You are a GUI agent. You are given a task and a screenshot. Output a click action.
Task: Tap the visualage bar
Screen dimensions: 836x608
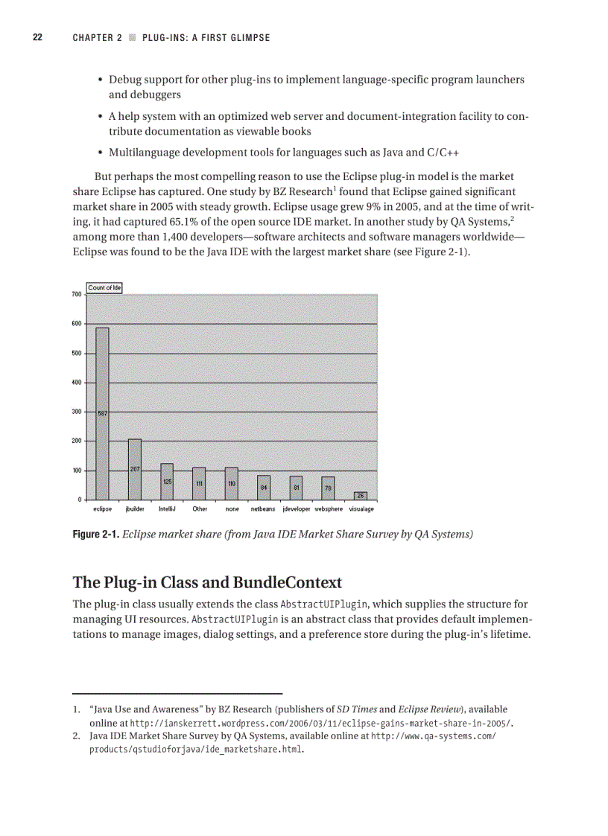pyautogui.click(x=360, y=496)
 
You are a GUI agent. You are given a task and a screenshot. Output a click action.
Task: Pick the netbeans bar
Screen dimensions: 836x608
pyautogui.click(x=264, y=488)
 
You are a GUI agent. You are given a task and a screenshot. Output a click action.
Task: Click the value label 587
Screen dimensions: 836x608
pyautogui.click(x=103, y=413)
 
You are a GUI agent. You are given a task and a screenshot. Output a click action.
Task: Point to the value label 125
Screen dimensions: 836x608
pyautogui.click(x=167, y=482)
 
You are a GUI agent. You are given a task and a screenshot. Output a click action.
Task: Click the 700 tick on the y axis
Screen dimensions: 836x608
pyautogui.click(x=77, y=295)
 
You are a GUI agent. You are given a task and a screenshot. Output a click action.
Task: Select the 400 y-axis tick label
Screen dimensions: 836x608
pyautogui.click(x=77, y=383)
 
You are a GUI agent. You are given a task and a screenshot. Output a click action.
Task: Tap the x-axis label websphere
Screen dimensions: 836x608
pyautogui.click(x=329, y=509)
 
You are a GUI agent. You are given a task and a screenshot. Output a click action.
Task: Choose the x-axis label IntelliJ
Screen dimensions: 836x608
pyautogui.click(x=167, y=509)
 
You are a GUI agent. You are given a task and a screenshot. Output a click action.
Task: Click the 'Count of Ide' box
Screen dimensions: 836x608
pyautogui.click(x=104, y=287)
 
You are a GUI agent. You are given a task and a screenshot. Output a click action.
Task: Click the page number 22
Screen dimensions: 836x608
pyautogui.click(x=37, y=37)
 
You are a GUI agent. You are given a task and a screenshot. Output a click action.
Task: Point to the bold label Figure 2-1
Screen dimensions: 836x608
pyautogui.click(x=95, y=534)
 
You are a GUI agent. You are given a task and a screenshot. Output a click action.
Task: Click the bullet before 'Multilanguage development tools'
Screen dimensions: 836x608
pyautogui.click(x=100, y=153)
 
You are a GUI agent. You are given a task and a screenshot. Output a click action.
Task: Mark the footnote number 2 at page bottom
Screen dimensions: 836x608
pyautogui.click(x=76, y=736)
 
